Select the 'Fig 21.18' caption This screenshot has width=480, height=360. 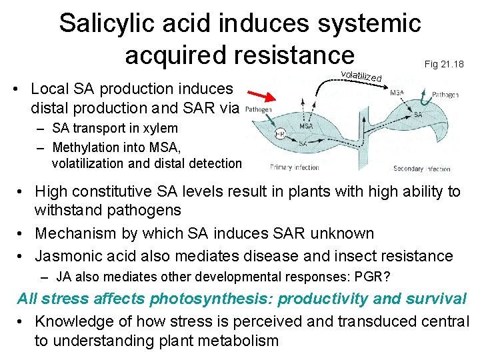point(443,64)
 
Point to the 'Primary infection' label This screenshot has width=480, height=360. point(295,167)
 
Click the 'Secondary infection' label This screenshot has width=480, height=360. point(421,169)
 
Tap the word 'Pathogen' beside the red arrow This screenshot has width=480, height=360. point(258,109)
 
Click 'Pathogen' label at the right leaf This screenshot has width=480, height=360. point(445,95)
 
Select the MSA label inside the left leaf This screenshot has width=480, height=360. point(307,126)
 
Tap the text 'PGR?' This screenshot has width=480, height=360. point(377,277)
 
